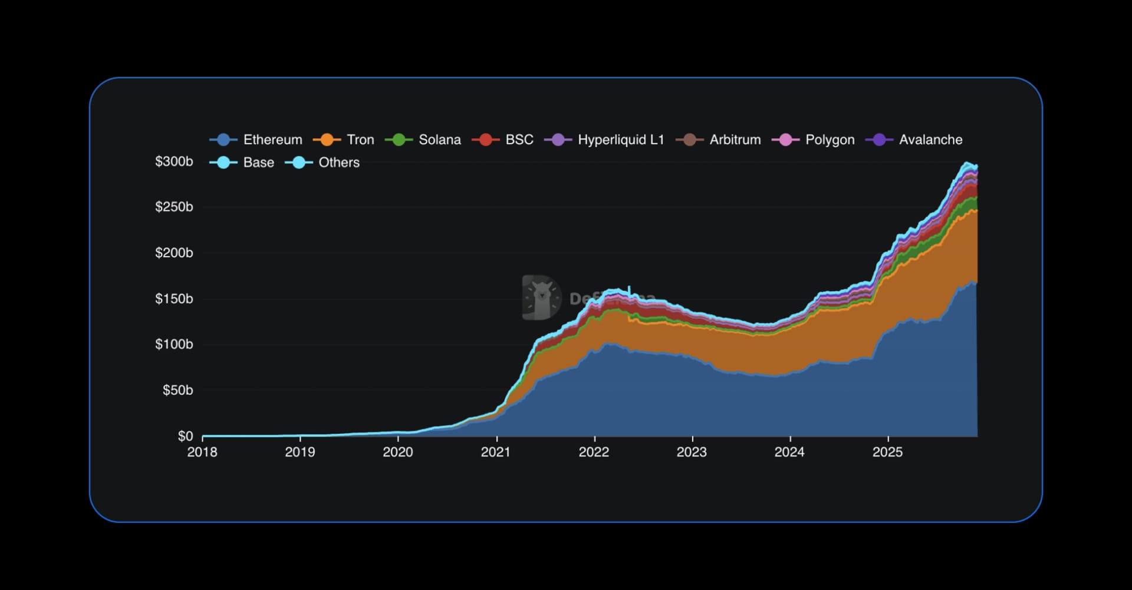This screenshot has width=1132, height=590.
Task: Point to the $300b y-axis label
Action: pos(174,161)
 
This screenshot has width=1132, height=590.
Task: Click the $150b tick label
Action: pos(174,299)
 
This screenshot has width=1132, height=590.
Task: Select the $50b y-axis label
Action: pos(177,390)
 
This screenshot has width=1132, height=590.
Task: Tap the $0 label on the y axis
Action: pos(185,436)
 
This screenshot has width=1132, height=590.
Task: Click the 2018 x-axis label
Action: pos(202,452)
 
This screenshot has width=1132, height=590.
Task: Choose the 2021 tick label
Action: pos(496,452)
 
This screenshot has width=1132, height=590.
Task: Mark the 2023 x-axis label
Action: pos(692,452)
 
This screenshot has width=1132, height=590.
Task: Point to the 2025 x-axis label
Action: pos(887,452)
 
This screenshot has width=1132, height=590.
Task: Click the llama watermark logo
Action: pos(541,298)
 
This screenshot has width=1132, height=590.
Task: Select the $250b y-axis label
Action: pos(174,207)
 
